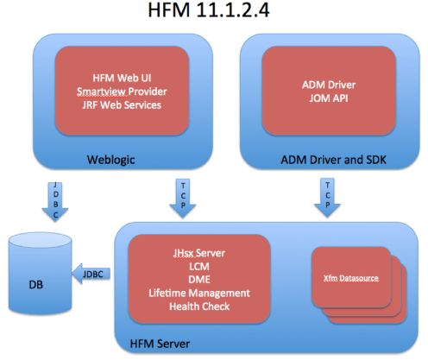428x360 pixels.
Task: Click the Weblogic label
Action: [x=113, y=160]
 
